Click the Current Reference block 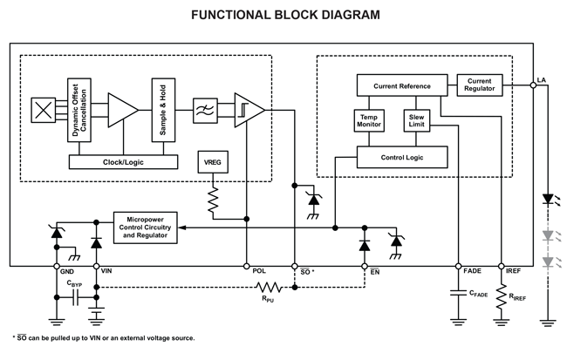(402, 85)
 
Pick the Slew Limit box (416, 120)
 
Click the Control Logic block (402, 158)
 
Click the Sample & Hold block (160, 111)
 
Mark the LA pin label (542, 79)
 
